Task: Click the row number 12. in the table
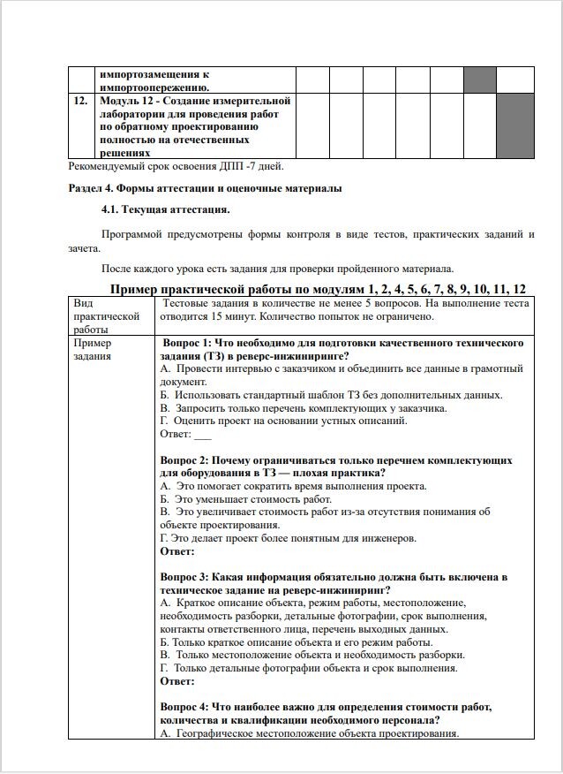[x=80, y=102]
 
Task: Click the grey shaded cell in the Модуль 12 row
[x=515, y=125]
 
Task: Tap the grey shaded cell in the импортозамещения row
[x=480, y=80]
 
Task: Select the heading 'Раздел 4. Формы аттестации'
[x=205, y=188]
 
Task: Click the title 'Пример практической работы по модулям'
[x=319, y=290]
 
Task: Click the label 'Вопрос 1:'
[x=189, y=343]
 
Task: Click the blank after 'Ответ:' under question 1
[x=203, y=435]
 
